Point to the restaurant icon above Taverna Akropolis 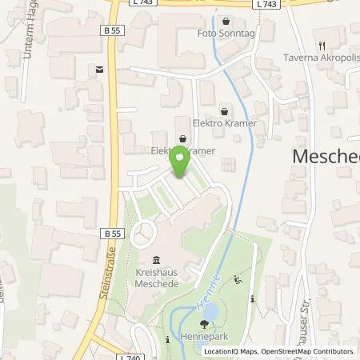point(321,46)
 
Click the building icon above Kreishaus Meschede point(156,259)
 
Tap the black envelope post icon point(99,70)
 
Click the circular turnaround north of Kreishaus point(145,235)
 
